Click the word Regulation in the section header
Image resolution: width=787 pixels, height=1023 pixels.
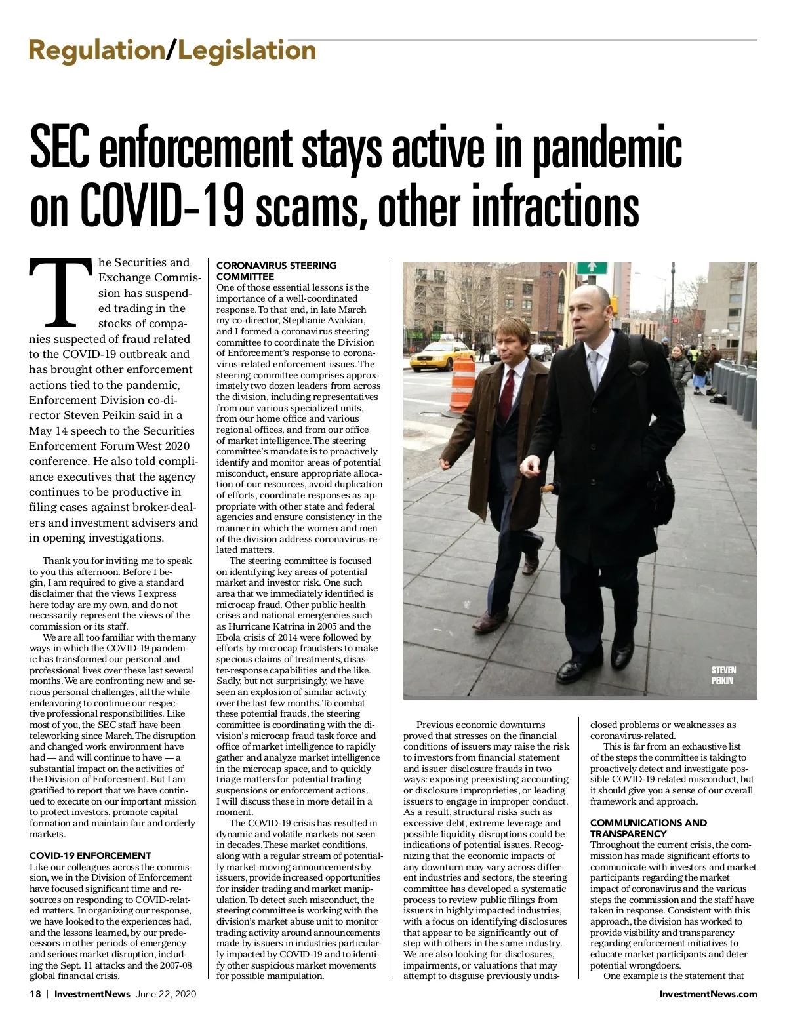click(96, 50)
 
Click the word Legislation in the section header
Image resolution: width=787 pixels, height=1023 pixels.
click(247, 50)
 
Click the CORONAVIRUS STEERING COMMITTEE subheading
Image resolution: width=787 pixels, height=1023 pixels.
click(276, 271)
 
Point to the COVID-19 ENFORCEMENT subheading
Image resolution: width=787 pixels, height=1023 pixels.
click(90, 855)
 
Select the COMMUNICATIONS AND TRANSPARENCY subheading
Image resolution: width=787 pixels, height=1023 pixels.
click(648, 828)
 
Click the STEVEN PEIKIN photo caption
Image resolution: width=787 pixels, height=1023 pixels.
click(723, 675)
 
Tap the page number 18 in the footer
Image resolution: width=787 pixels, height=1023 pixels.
click(35, 993)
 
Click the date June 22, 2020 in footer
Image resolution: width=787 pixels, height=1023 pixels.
click(165, 993)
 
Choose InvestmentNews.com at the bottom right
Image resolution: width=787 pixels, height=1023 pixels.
click(708, 993)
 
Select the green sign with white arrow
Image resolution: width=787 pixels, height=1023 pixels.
click(592, 268)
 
